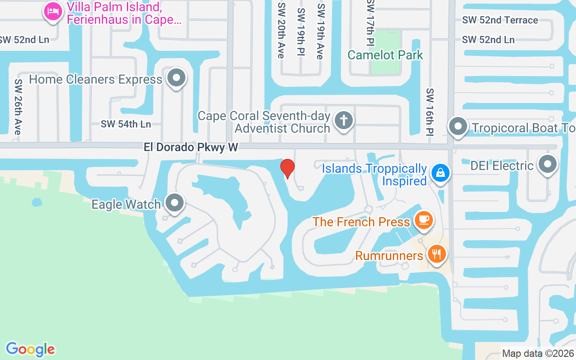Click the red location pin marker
(x=288, y=168)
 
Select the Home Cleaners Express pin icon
(x=176, y=79)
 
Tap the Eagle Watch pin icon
(x=175, y=203)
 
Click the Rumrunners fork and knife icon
(x=436, y=254)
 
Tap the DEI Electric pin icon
(x=547, y=165)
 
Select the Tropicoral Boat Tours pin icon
(x=458, y=127)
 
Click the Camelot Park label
(x=385, y=55)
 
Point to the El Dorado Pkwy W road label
(x=191, y=147)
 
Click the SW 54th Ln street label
(x=126, y=124)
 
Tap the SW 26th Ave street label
(x=18, y=107)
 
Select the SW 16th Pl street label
(x=430, y=112)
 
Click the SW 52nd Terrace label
(x=500, y=20)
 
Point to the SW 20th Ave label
(x=281, y=30)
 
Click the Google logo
(x=31, y=349)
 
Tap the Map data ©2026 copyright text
(x=538, y=354)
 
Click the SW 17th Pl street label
(x=370, y=22)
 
